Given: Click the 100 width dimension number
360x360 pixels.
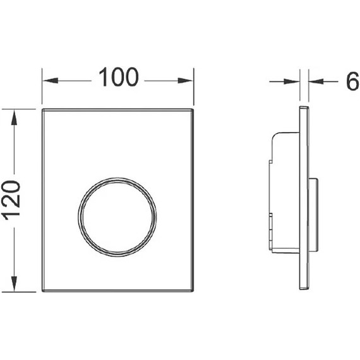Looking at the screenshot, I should coord(117,78).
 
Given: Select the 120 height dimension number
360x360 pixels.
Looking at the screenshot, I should coord(13,200).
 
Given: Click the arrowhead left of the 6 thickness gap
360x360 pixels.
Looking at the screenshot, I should coord(295,81).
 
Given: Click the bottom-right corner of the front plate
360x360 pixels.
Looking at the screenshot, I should coord(193,291).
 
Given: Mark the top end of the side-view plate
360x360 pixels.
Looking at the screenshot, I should coord(304,109).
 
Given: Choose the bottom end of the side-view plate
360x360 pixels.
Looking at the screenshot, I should coord(304,291).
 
